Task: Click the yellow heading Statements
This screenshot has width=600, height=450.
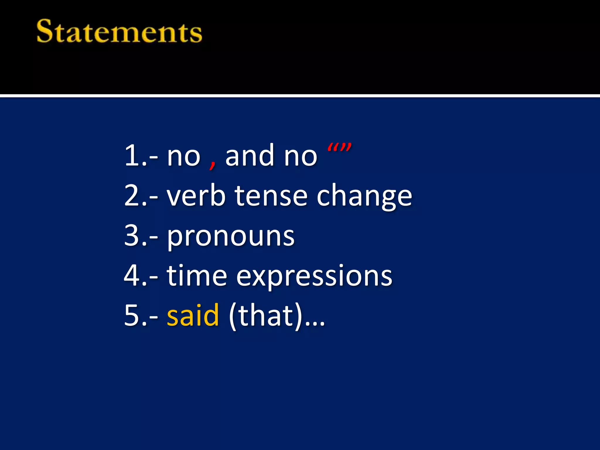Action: [x=119, y=31]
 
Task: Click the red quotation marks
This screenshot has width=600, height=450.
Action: [x=339, y=147]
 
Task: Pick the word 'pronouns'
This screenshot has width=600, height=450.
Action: [x=231, y=237]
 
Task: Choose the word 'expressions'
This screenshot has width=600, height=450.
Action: [x=314, y=277]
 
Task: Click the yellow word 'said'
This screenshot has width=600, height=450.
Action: [x=193, y=315]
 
